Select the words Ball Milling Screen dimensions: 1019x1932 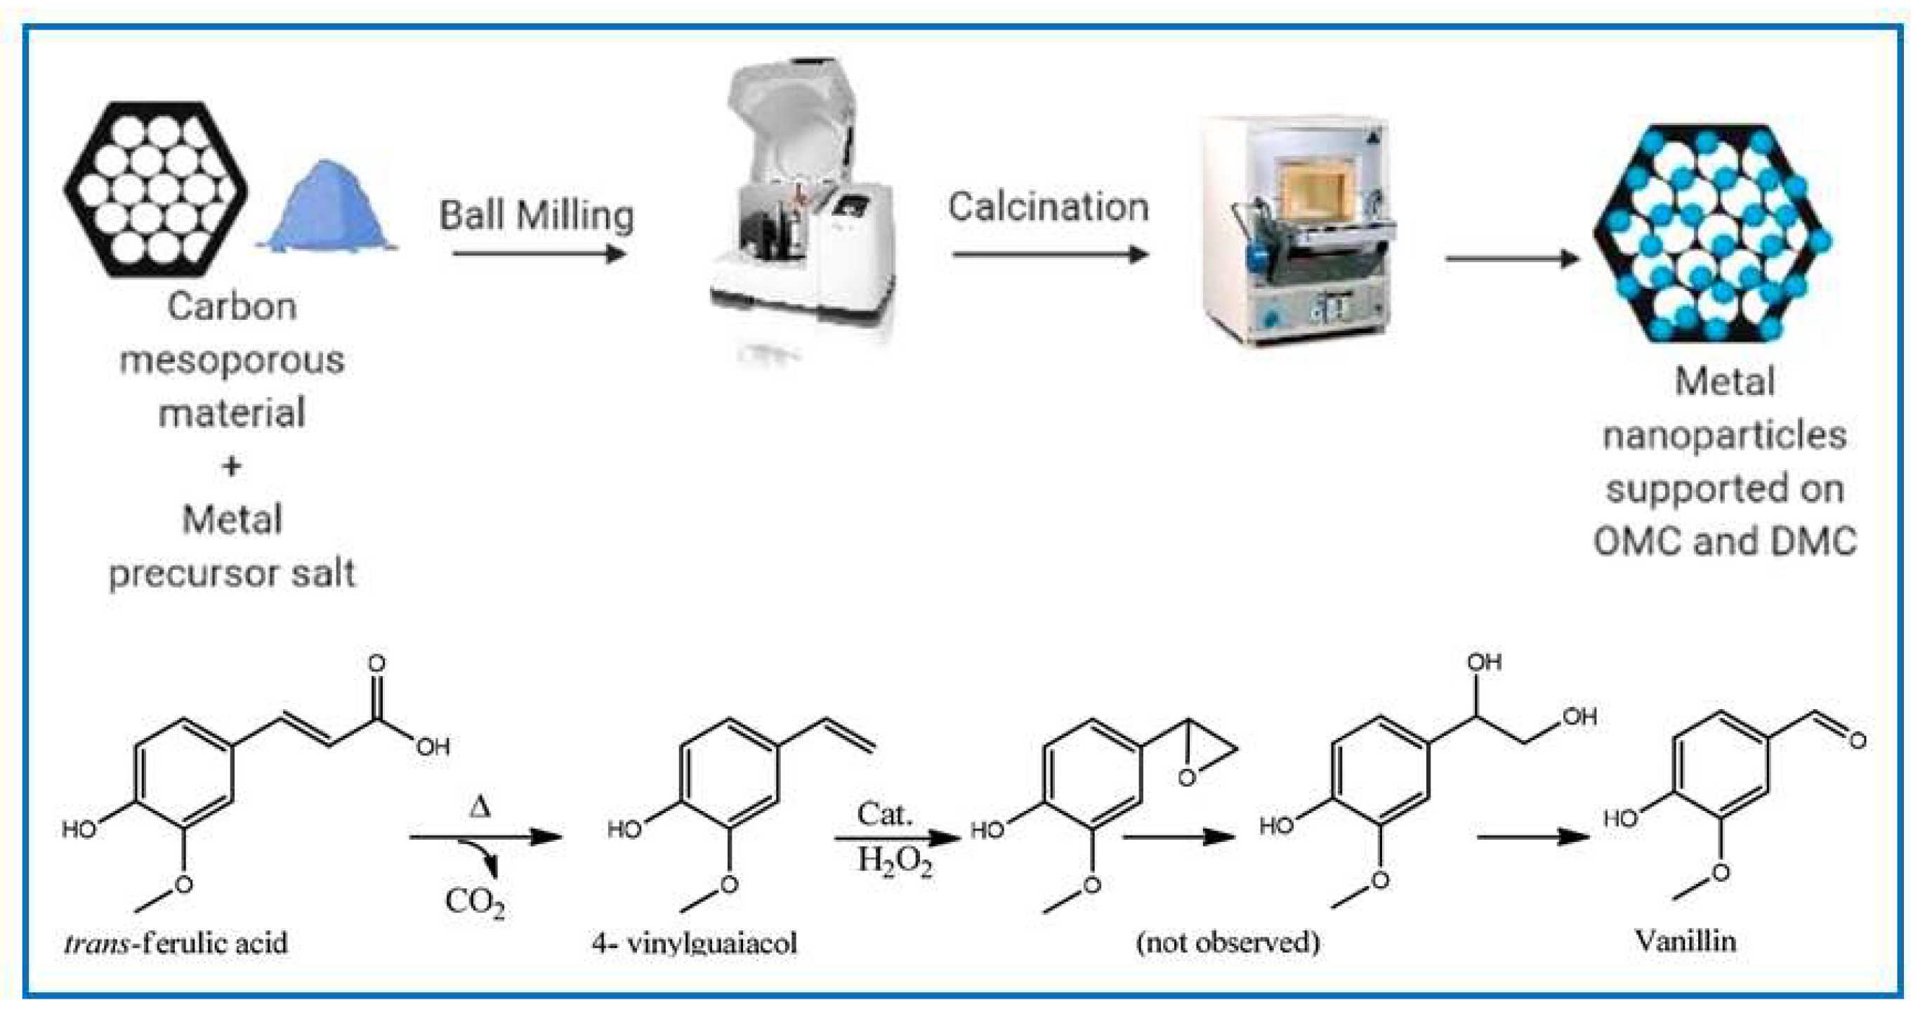click(537, 216)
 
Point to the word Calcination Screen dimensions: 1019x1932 click(1048, 207)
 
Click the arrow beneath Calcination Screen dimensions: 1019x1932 click(1050, 254)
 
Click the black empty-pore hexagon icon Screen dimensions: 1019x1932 click(155, 189)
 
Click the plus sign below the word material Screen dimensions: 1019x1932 click(232, 466)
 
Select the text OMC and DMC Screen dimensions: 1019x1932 click(1724, 541)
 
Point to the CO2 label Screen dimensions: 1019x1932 click(474, 901)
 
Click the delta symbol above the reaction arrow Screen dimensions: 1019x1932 click(480, 807)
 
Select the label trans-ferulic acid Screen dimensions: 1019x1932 click(176, 942)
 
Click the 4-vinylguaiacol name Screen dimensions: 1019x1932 click(695, 942)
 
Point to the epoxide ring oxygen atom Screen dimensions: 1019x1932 click(1186, 778)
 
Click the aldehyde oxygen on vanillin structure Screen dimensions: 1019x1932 click(1857, 741)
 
